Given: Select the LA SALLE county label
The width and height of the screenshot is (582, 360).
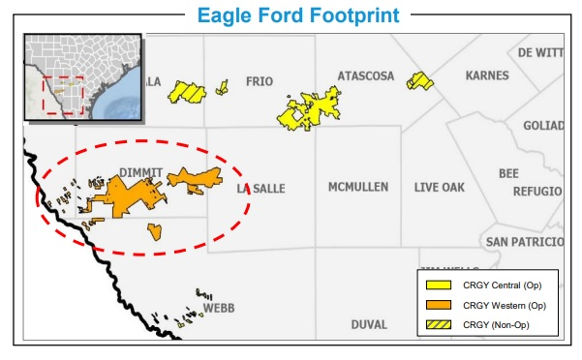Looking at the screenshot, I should (x=260, y=189).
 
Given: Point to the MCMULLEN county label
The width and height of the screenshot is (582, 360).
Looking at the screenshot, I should (x=357, y=186).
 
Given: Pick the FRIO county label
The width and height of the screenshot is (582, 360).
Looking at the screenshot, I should (x=263, y=81).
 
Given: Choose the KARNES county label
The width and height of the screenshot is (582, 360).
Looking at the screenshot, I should (x=486, y=75).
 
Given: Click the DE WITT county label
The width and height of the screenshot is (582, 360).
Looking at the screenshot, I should (x=539, y=52).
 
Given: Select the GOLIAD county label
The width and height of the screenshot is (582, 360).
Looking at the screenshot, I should (x=542, y=127).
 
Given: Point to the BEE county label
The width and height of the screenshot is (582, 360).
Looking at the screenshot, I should (x=508, y=173).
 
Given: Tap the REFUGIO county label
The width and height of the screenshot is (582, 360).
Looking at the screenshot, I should (x=536, y=192).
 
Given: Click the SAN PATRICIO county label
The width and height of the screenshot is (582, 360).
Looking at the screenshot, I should (x=523, y=241).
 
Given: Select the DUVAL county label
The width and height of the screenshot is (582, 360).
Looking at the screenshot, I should (x=369, y=324).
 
